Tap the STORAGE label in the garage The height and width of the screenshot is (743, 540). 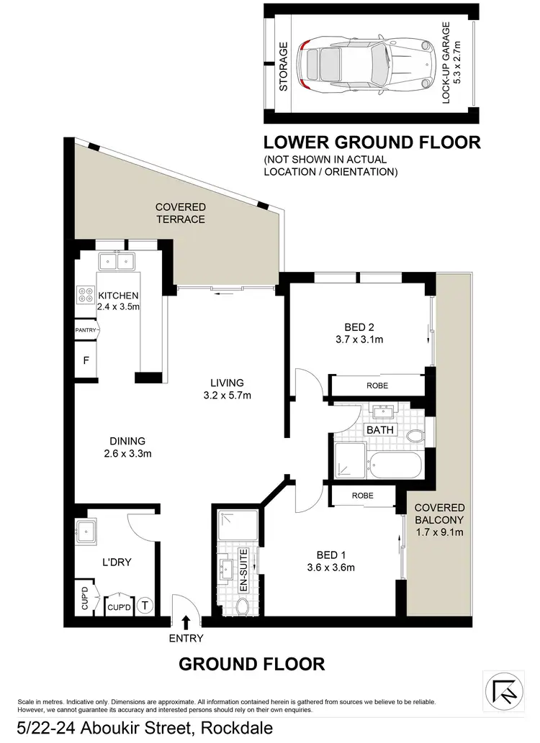[x=284, y=66]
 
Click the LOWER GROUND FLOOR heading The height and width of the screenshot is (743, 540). [x=372, y=142]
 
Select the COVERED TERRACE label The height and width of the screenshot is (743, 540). [x=181, y=213]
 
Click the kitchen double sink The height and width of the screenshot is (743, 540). [x=116, y=260]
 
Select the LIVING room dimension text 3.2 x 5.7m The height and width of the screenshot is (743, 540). [x=227, y=395]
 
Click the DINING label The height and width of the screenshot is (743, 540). [x=127, y=441]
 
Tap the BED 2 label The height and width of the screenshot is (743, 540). [x=353, y=325]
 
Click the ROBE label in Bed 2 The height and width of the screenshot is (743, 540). [x=377, y=386]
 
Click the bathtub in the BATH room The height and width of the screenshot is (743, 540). [x=393, y=465]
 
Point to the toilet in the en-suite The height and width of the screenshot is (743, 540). [x=243, y=608]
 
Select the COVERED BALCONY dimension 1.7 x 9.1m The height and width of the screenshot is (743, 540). [x=439, y=533]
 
